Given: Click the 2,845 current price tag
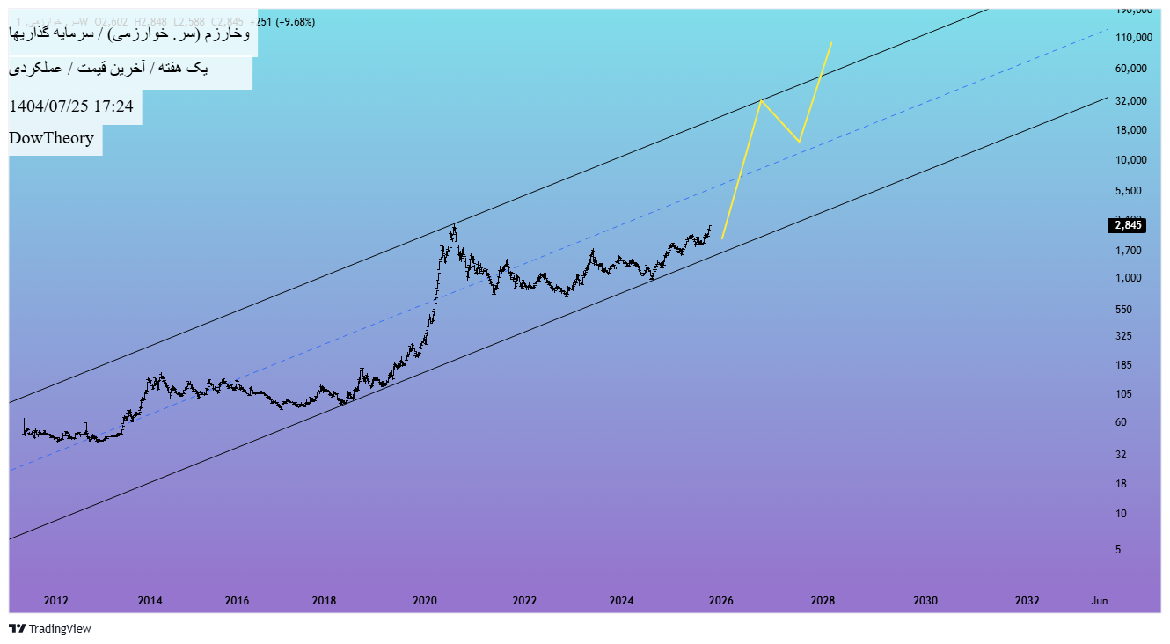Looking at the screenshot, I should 1128,225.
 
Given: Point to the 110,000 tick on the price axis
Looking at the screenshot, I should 1133,38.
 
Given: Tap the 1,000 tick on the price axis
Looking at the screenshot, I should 1130,278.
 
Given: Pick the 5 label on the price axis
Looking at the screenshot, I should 1118,550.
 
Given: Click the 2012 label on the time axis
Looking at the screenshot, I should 55,601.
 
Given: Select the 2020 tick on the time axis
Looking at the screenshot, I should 425,601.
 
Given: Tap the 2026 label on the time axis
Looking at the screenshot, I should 720,601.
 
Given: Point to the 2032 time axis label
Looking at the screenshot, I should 1027,601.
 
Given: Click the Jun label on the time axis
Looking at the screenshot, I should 1099,601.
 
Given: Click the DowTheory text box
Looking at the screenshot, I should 52,138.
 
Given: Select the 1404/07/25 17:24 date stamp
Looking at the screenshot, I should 71,106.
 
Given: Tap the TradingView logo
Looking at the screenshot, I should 50,628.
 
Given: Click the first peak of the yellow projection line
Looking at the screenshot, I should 761,100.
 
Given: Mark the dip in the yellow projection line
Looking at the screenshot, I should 798,142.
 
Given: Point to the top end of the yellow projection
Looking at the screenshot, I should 831,42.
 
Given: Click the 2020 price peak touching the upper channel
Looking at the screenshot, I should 454,227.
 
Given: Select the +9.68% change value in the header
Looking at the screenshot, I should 296,22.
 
